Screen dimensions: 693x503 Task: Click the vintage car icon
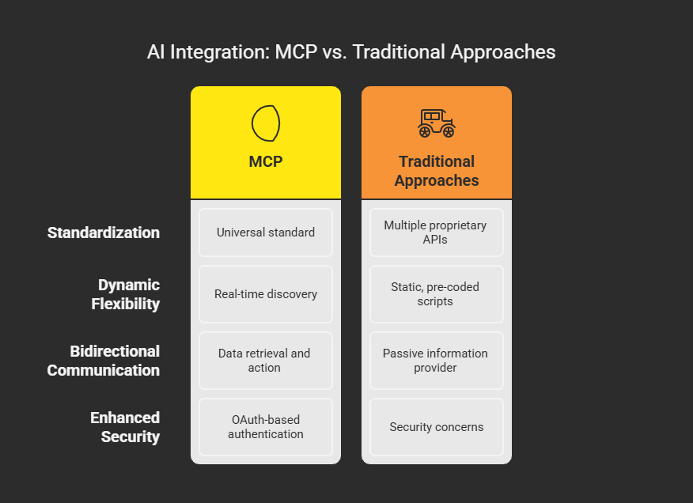pos(437,123)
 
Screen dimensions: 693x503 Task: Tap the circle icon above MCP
pos(266,123)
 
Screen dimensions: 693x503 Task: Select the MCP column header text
pos(266,161)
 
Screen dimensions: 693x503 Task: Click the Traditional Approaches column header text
pos(437,171)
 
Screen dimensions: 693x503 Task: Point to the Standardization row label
pos(104,233)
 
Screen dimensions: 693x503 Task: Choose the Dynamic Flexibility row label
pos(126,294)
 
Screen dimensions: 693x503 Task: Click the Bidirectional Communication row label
pos(104,361)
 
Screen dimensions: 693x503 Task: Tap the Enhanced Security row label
pos(125,427)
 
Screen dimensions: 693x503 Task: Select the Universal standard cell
pos(266,233)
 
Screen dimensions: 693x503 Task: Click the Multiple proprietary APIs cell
pos(437,233)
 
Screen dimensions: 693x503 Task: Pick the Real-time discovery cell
pos(266,294)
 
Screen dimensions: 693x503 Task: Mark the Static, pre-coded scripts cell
pos(437,294)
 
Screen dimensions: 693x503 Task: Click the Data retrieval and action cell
pos(266,361)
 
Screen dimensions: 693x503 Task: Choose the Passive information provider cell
pos(437,361)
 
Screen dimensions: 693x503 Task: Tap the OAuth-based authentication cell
pos(266,427)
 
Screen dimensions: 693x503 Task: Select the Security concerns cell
pos(437,427)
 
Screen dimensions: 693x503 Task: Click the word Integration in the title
pos(220,53)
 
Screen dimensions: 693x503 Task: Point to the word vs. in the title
pos(335,52)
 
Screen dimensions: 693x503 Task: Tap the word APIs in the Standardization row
pos(435,240)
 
